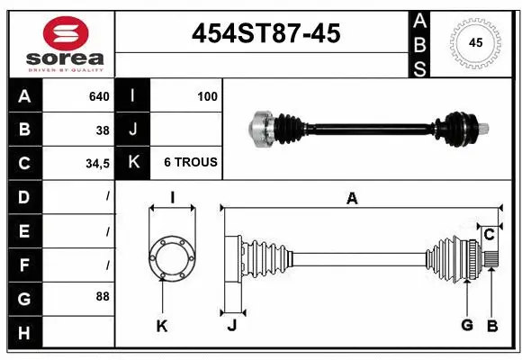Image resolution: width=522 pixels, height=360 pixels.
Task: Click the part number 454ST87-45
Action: coord(266,33)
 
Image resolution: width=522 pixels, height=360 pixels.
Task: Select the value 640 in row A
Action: coord(98,96)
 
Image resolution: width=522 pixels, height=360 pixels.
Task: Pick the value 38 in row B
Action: coord(103,130)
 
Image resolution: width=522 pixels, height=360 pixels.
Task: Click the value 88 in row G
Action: coord(103,296)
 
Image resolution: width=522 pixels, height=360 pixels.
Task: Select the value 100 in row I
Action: coord(207,96)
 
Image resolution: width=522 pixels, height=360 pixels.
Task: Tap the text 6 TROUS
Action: coord(190,163)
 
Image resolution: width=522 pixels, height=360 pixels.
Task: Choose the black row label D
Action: coord(23,196)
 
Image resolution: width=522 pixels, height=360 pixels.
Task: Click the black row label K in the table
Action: coord(132,163)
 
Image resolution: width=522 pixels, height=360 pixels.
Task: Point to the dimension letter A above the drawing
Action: coord(352,199)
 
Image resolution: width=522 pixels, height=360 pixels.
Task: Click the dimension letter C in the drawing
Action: coord(489,235)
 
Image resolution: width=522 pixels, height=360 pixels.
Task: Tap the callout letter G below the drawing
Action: coord(466,326)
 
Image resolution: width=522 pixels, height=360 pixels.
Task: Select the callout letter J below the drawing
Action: coord(231,326)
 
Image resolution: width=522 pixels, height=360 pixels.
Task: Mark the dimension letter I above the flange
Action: coord(172,199)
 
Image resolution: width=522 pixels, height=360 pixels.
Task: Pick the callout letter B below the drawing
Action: coord(491,326)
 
